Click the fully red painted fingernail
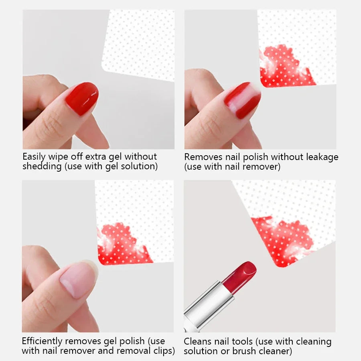(x=82, y=99)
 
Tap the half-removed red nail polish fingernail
(x=242, y=100)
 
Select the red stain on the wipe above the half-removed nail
(x=286, y=67)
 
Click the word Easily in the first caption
(x=34, y=157)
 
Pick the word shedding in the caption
(x=42, y=166)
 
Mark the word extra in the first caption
(x=95, y=157)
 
